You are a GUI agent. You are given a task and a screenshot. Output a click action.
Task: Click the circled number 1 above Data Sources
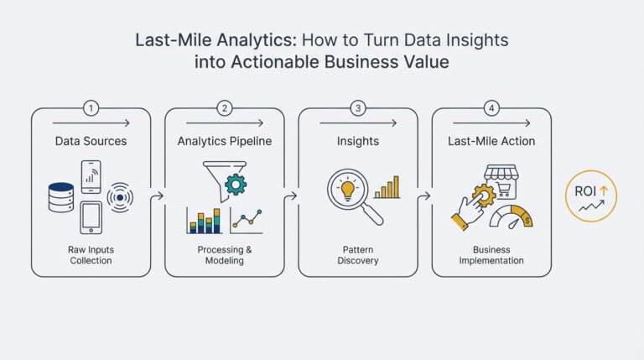pos(91,108)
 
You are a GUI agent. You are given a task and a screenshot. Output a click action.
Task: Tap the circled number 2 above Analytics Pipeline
pos(224,108)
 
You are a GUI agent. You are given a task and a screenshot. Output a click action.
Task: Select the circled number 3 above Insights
pos(358,108)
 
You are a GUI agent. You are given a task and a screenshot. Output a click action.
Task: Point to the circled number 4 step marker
pos(491,108)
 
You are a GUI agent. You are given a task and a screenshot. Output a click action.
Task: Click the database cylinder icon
pos(61,196)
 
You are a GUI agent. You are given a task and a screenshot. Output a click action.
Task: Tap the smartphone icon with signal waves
pos(92,175)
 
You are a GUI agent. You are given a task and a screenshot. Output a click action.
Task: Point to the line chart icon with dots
pos(247,220)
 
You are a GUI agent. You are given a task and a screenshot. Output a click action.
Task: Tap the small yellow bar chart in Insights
pos(387,187)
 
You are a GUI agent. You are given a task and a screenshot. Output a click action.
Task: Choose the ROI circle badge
pos(591,196)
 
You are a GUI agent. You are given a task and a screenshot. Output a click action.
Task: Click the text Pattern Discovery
pos(358,255)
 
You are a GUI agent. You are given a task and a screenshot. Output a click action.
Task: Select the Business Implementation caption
pos(491,255)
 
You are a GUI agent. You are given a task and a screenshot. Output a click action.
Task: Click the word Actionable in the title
pos(267,61)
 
